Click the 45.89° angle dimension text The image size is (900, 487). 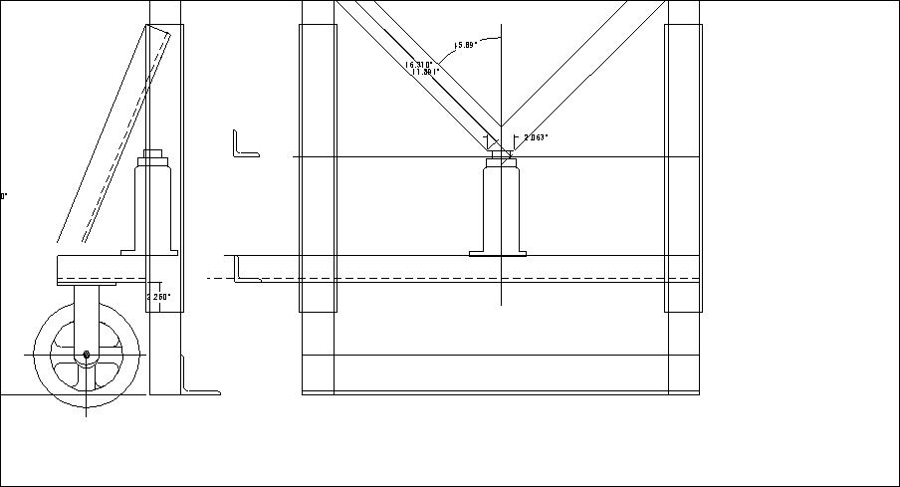465,44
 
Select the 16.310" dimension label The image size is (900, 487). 419,64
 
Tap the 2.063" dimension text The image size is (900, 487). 536,137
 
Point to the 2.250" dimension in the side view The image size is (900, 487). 158,296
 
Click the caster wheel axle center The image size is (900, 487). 87,354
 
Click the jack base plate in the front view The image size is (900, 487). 498,253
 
